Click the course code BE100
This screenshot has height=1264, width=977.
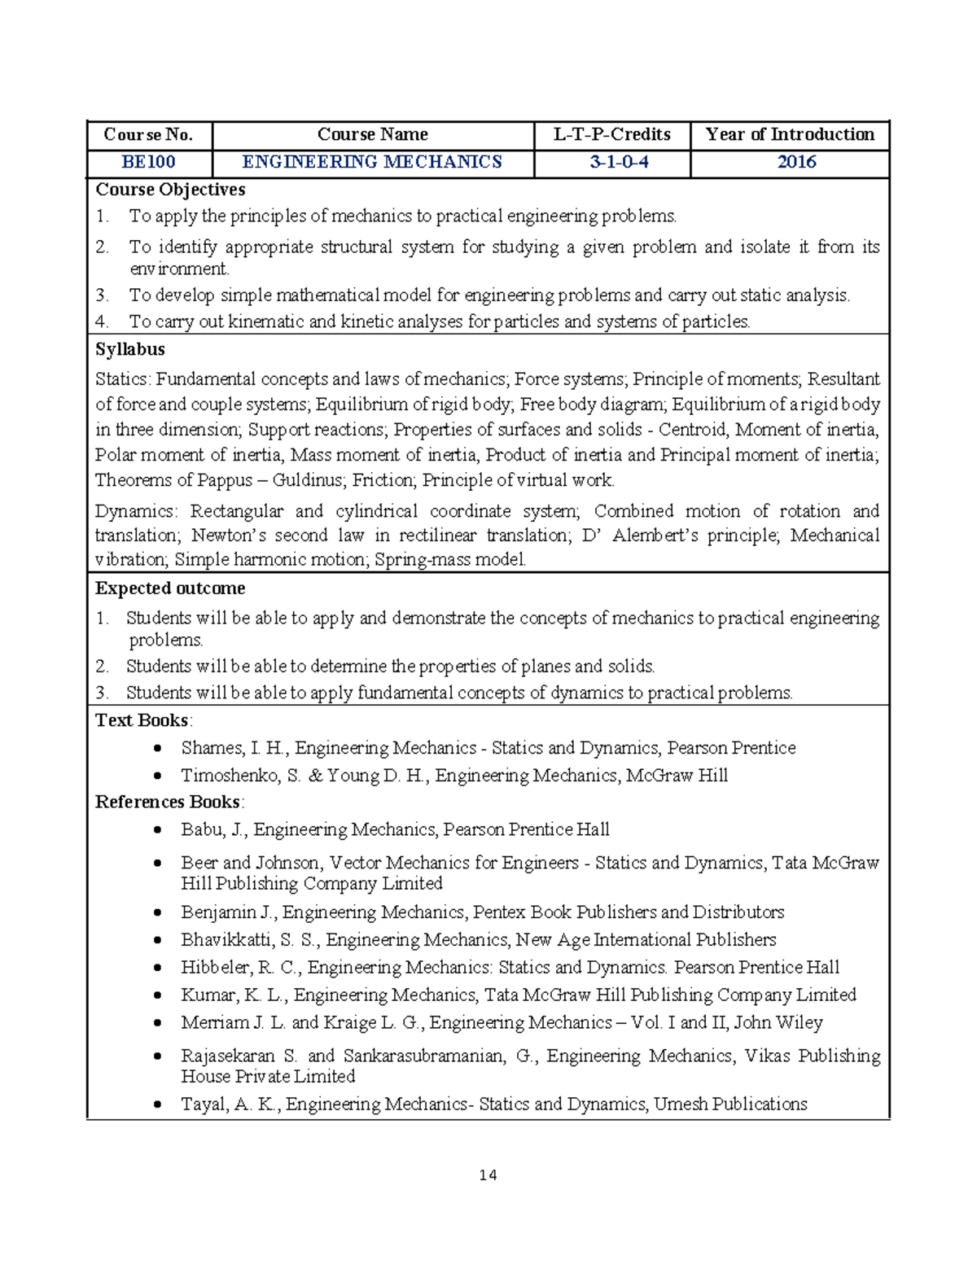click(x=148, y=162)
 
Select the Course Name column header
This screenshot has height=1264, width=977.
click(x=372, y=134)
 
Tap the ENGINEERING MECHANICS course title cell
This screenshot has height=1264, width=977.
click(x=372, y=162)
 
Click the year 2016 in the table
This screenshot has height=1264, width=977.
click(x=796, y=162)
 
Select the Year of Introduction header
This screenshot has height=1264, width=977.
click(x=790, y=134)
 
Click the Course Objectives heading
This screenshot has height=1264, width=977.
click(x=170, y=190)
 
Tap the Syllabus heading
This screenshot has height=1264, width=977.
click(x=129, y=349)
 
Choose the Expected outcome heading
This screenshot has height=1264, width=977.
click(x=169, y=588)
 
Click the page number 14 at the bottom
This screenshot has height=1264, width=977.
click(x=488, y=1174)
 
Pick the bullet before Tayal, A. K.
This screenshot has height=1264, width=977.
click(x=158, y=1104)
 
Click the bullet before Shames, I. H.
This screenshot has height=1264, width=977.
click(x=158, y=748)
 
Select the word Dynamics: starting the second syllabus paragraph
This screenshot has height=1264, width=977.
click(x=135, y=511)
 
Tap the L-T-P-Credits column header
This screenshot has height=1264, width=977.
click(x=612, y=134)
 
